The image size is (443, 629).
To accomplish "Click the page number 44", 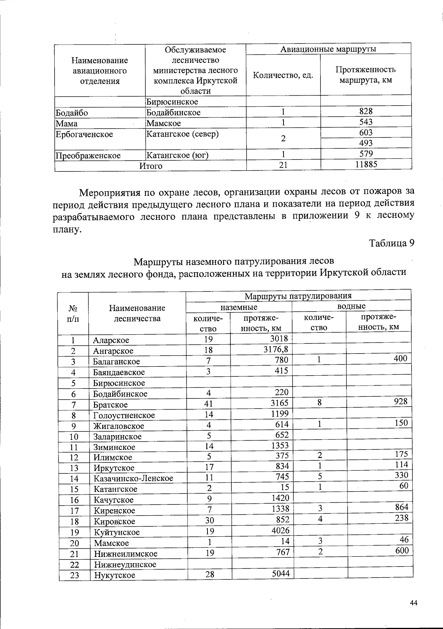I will [x=413, y=603].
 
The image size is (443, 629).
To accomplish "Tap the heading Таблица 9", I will [x=392, y=243].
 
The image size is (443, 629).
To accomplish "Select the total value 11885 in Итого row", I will [x=366, y=164].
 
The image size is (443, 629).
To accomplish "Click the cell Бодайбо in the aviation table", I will [x=72, y=113].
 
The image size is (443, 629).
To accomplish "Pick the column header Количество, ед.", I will [x=283, y=75].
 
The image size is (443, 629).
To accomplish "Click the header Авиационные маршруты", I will [x=328, y=49].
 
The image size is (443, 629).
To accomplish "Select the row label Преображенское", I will [x=88, y=155].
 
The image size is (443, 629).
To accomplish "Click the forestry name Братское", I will [x=110, y=404].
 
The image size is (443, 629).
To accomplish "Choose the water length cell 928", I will [x=400, y=401].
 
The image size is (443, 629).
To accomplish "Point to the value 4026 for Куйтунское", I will [x=280, y=530].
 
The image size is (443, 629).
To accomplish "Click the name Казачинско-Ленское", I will [x=133, y=478].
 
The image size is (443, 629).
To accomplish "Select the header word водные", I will [x=351, y=306].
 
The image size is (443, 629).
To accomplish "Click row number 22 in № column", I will [x=75, y=564].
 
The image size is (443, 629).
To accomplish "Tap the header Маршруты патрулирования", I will [x=298, y=295].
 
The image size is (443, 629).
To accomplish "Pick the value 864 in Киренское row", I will [x=401, y=507].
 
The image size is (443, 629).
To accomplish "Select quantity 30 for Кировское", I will [x=209, y=520].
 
